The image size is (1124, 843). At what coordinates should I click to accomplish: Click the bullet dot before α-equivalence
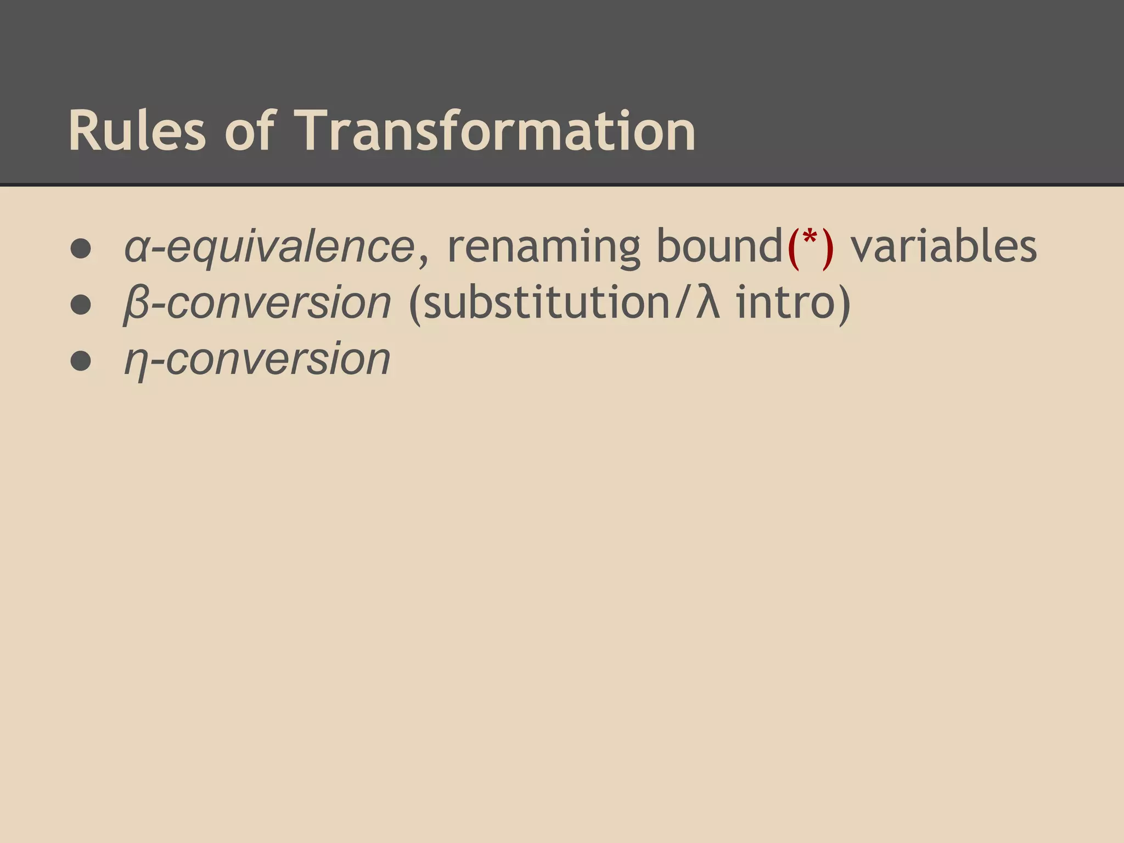click(81, 248)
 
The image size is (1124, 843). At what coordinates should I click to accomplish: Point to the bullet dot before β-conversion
click(81, 305)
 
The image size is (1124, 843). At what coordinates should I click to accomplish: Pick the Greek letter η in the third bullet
click(135, 362)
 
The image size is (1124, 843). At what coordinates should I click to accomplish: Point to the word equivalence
click(290, 248)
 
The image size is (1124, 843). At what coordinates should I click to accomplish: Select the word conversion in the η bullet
click(278, 360)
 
